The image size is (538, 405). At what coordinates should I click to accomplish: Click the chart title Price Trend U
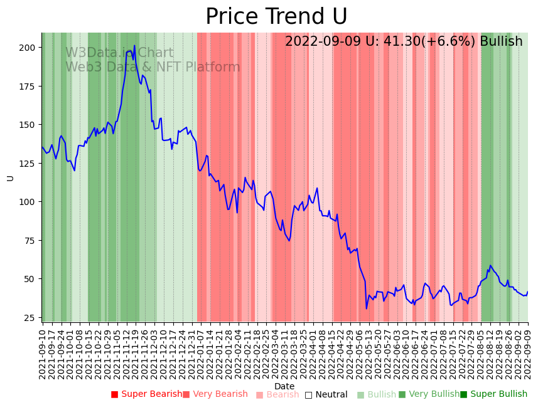tap(276, 17)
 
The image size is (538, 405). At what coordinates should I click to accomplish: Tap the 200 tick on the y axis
tap(26, 48)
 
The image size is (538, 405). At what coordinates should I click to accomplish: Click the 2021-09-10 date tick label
tap(43, 354)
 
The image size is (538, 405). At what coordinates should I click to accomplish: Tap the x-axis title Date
tap(284, 386)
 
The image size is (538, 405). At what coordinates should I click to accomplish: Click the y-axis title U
tap(10, 178)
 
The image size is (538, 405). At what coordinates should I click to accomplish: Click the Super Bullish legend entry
tap(493, 394)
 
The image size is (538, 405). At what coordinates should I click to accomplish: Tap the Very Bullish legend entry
tap(429, 394)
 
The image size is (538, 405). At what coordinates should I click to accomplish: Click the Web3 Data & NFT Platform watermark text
tap(153, 67)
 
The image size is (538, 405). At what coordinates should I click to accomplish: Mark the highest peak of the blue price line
tap(134, 46)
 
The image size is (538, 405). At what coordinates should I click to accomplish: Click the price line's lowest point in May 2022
tap(367, 308)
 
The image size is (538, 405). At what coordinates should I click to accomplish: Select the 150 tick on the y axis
tap(26, 125)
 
